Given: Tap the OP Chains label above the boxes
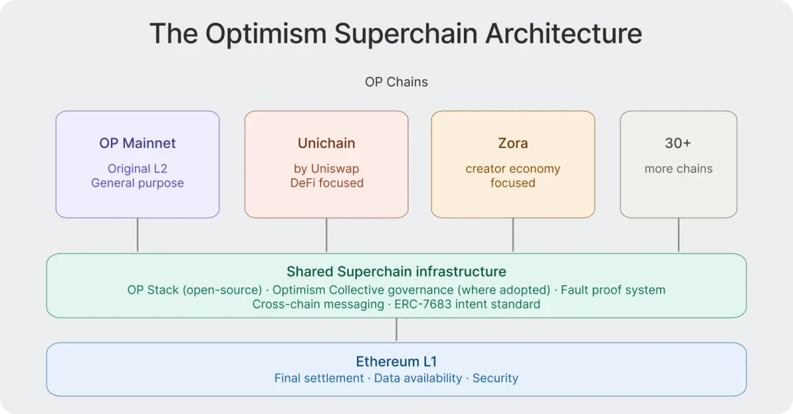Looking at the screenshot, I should click(396, 82).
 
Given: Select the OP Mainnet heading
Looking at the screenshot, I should click(137, 143).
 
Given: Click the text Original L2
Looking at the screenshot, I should click(137, 169).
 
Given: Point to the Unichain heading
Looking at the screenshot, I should click(326, 143).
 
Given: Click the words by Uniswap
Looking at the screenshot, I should click(326, 169).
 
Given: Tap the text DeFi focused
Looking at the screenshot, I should click(326, 183).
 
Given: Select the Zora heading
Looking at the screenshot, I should click(513, 143).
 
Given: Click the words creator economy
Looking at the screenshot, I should click(513, 169).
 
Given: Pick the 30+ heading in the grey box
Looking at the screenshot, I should click(678, 143).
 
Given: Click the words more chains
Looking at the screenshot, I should click(678, 169).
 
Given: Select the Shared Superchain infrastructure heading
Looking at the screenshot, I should click(396, 271).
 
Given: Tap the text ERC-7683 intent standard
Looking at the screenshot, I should click(467, 304).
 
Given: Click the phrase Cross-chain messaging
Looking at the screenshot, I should click(318, 304).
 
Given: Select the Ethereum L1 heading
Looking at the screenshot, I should click(396, 361).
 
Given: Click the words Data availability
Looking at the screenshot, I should click(418, 378).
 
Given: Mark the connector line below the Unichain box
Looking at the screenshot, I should click(326, 235).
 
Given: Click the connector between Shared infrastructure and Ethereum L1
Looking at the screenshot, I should click(397, 329).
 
